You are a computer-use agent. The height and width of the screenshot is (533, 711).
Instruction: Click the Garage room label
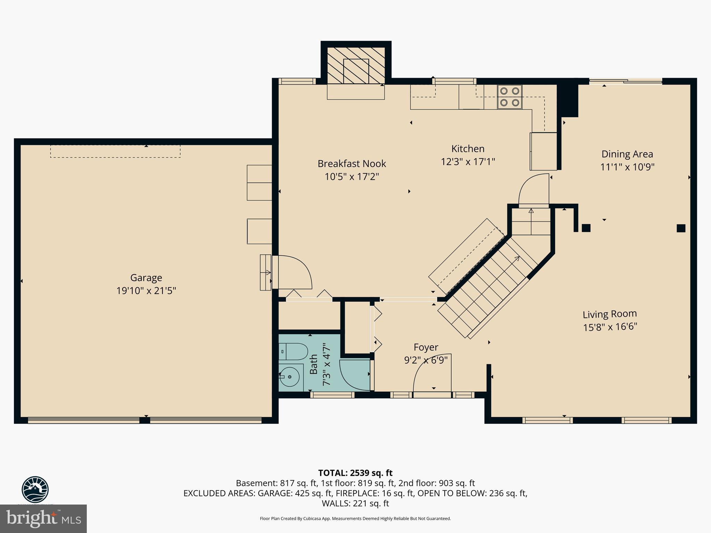pos(146,278)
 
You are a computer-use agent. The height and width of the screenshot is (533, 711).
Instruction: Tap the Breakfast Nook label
pos(352,163)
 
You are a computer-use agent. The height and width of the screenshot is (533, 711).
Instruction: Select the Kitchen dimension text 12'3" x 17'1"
pos(468,162)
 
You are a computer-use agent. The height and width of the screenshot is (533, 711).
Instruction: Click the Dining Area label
pos(627,154)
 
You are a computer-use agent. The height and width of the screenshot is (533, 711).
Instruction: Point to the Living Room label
pos(610,314)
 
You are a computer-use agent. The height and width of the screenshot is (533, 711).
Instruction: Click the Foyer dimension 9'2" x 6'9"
pos(426,360)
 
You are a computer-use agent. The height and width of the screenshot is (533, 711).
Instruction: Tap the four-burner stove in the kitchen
pos(510,97)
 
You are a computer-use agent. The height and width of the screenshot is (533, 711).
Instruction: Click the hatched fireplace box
pos(356,66)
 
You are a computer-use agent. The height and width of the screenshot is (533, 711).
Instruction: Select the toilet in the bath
pos(293,352)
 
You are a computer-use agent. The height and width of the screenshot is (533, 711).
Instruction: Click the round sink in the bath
pos(290,377)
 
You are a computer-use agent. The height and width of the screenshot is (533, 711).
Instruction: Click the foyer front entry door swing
pos(430,377)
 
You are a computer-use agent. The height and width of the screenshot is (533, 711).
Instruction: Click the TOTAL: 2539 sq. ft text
pos(355,473)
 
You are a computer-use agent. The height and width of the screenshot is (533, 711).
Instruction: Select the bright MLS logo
pos(43,519)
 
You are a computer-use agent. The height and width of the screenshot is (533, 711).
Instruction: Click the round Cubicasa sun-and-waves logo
pos(35,489)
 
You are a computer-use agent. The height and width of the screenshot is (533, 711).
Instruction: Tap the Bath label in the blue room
pos(313,364)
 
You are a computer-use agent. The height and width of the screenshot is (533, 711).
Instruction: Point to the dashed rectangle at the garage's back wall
pos(115,151)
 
